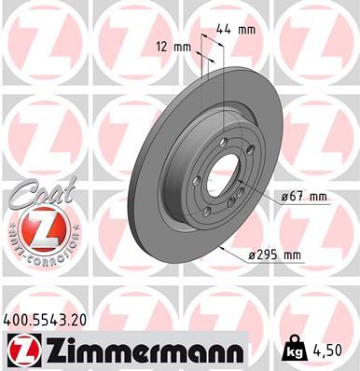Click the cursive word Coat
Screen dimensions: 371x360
click(36, 193)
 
